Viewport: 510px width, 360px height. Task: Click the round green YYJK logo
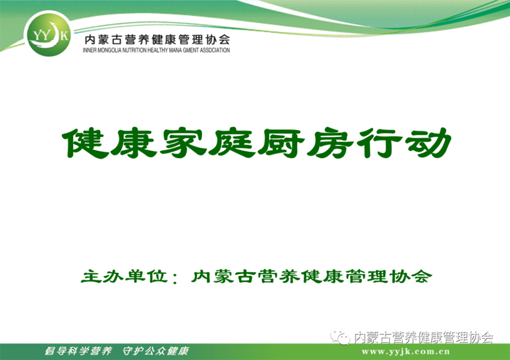pyautogui.click(x=48, y=34)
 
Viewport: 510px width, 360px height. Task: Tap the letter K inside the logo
pyautogui.click(x=64, y=35)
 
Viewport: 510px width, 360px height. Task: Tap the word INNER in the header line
pyautogui.click(x=88, y=50)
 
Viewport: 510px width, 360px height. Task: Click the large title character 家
pyautogui.click(x=184, y=143)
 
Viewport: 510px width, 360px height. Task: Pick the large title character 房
pyautogui.click(x=330, y=143)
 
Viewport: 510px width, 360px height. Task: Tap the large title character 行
pyautogui.click(x=379, y=143)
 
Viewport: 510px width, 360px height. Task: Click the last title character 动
pyautogui.click(x=428, y=143)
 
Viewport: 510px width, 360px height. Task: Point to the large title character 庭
pyautogui.click(x=232, y=143)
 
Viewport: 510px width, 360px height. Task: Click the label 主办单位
pyautogui.click(x=124, y=277)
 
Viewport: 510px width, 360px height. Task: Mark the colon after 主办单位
pyautogui.click(x=176, y=278)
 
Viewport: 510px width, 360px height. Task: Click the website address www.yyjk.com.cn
pyautogui.click(x=406, y=352)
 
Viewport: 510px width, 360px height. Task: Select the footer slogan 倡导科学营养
pyautogui.click(x=78, y=351)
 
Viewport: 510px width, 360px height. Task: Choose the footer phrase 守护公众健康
pyautogui.click(x=156, y=351)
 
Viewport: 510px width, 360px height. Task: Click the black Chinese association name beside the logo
pyautogui.click(x=157, y=40)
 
